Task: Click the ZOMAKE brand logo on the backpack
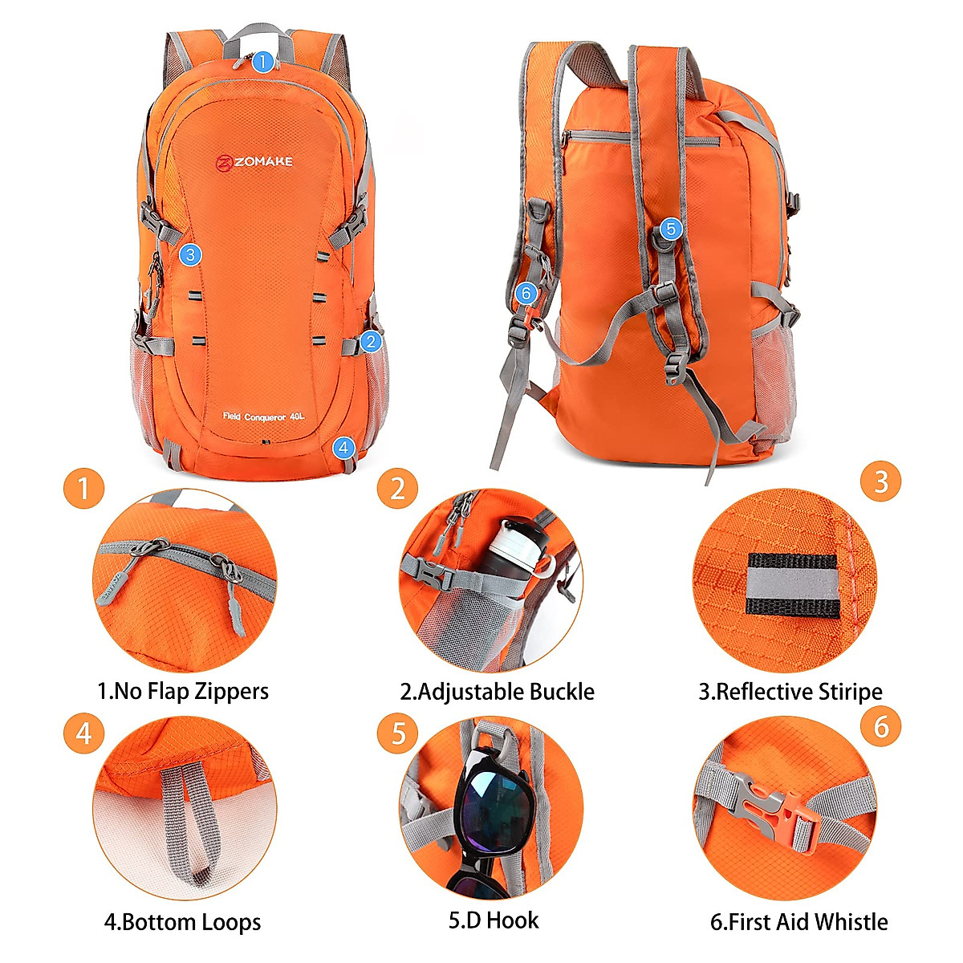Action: (x=254, y=162)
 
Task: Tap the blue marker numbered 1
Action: (x=262, y=62)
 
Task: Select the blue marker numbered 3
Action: (x=189, y=255)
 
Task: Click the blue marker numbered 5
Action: (x=671, y=230)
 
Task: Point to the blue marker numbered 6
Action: (x=526, y=294)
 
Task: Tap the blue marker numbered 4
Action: (x=343, y=447)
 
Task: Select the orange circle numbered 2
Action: (x=397, y=488)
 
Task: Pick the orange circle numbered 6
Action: (x=881, y=726)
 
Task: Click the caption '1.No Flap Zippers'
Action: (x=183, y=691)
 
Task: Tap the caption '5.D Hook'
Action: (x=494, y=920)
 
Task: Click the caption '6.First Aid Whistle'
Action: (x=798, y=921)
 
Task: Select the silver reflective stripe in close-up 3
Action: (x=792, y=585)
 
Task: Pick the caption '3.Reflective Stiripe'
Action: (x=790, y=691)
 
